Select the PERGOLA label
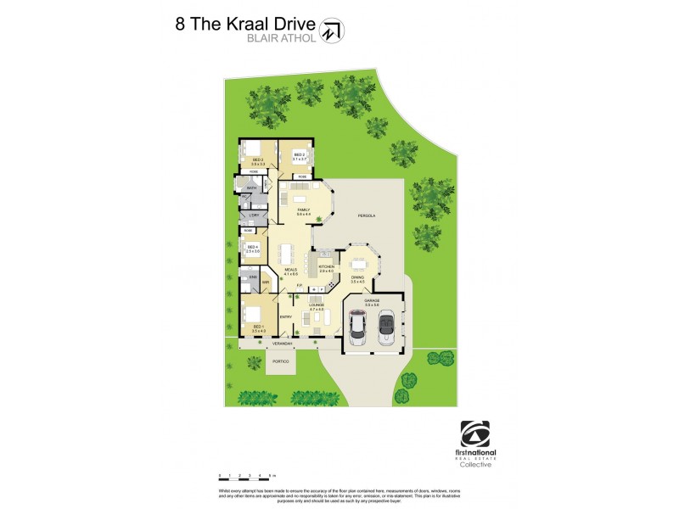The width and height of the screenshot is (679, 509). click(x=367, y=216)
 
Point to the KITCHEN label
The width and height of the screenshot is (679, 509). click(x=327, y=267)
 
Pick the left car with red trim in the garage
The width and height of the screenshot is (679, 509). click(x=358, y=327)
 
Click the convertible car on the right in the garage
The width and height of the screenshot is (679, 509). click(x=385, y=326)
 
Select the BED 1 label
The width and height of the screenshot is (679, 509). click(x=257, y=327)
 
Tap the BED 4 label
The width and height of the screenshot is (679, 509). click(x=251, y=247)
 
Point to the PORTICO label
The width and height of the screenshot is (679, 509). click(x=280, y=362)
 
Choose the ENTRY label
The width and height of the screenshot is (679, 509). click(x=286, y=317)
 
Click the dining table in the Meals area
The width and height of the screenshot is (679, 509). click(x=285, y=253)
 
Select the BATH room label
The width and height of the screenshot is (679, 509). click(x=251, y=188)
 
